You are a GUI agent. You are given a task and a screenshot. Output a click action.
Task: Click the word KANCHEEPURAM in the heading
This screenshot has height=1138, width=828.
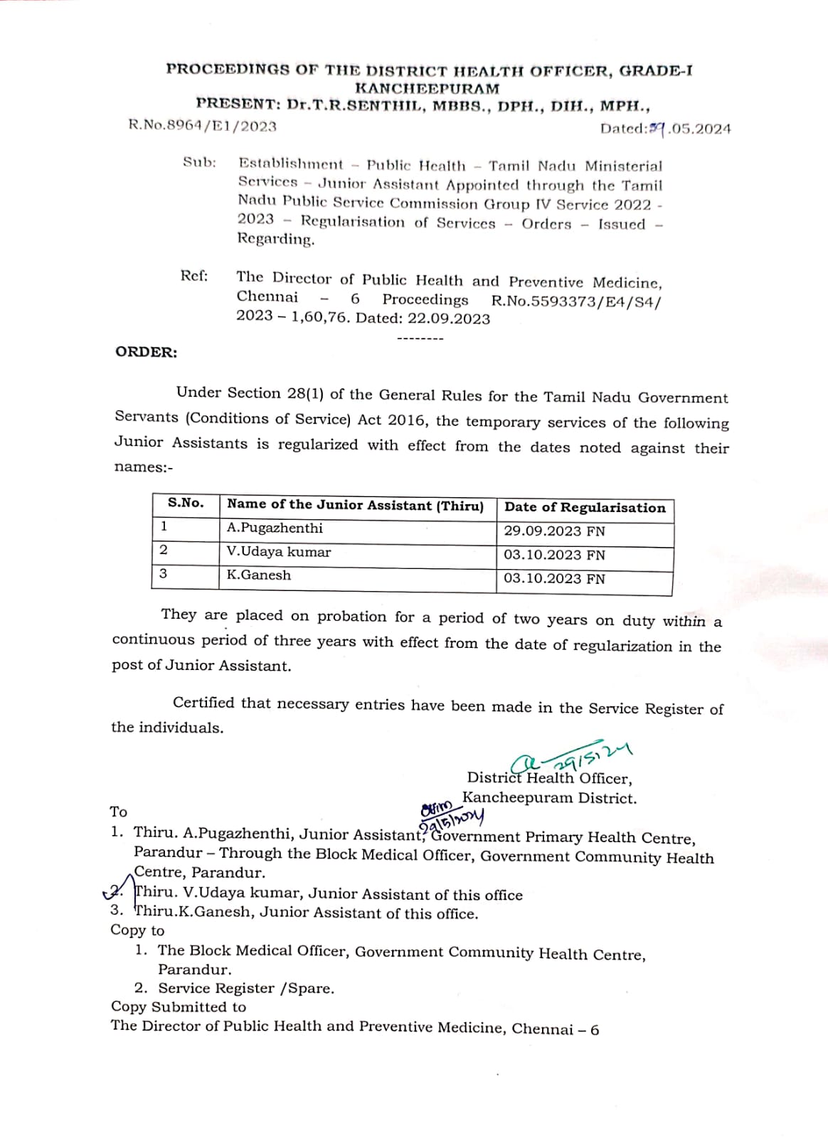(427, 89)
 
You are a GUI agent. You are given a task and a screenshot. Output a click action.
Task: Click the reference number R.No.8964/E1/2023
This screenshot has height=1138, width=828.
(203, 126)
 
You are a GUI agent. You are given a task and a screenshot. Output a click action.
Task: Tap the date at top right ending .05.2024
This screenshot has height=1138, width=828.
(665, 129)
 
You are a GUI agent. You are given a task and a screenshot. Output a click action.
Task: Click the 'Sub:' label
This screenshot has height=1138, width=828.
(199, 162)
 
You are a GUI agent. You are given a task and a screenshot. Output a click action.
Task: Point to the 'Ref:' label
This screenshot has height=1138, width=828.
(194, 276)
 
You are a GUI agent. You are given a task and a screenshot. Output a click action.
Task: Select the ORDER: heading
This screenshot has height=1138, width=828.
(147, 352)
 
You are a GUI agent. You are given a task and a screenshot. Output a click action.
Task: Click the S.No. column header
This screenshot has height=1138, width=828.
(185, 504)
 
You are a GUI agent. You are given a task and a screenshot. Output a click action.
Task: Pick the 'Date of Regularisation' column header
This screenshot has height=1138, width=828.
(585, 508)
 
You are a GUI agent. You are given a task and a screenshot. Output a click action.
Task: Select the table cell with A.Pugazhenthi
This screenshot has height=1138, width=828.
(275, 528)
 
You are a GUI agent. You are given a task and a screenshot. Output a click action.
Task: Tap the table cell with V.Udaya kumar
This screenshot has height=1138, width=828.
(279, 552)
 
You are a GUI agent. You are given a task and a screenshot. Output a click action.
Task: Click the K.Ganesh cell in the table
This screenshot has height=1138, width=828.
(259, 575)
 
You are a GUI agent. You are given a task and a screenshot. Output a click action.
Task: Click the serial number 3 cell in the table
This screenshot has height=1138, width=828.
(164, 574)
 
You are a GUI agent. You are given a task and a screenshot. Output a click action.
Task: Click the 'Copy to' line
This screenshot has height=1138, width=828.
(137, 930)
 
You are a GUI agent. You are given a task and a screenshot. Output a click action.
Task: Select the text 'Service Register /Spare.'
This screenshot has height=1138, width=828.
(246, 988)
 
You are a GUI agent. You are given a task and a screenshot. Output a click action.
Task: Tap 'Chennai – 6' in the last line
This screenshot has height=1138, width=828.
(555, 1029)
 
